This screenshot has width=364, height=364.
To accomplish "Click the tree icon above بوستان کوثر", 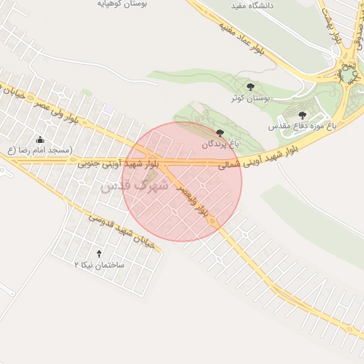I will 248,86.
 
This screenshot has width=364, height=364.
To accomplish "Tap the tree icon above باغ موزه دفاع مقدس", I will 302,114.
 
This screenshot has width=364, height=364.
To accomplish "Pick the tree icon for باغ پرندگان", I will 219,133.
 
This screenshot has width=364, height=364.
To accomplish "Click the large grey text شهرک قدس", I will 134,186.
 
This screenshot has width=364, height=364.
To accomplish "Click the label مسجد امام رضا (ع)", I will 39,150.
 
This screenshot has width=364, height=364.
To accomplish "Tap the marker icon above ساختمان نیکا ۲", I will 99,254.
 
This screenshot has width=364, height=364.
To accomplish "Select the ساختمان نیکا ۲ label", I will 99,264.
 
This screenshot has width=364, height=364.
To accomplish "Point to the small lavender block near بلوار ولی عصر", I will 108,109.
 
